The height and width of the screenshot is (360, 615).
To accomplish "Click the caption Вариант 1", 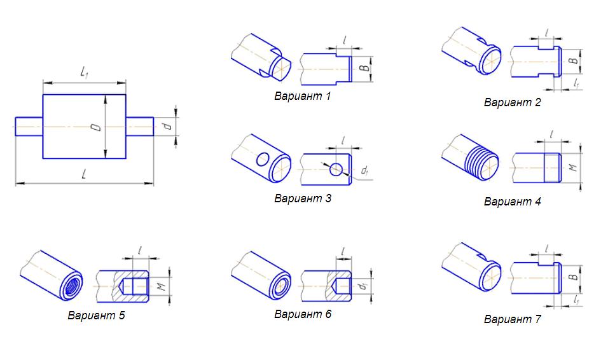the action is [x=302, y=96].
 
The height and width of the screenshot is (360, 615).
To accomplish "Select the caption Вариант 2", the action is [x=512, y=102].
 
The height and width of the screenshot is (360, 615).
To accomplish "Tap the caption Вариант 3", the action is [x=303, y=198].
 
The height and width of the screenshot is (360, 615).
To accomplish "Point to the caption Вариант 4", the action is [x=512, y=202].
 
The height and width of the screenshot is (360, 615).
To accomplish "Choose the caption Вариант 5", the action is [x=96, y=315].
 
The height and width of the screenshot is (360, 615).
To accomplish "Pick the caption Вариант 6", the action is [x=303, y=314].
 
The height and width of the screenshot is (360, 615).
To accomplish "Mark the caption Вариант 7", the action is [x=512, y=319].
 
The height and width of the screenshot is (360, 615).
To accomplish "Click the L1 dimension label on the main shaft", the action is [x=84, y=73].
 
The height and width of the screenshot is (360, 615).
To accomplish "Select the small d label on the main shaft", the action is [x=168, y=127].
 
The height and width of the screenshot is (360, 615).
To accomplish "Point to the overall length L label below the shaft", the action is [x=84, y=174].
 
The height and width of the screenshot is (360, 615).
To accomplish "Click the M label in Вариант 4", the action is [x=573, y=167].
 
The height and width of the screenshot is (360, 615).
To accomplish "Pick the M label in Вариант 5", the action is [x=162, y=287].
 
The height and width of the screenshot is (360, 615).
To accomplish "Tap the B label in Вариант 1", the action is [x=364, y=67].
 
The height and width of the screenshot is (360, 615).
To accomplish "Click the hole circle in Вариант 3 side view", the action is [x=336, y=169].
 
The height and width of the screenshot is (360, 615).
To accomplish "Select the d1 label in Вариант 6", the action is [x=364, y=286].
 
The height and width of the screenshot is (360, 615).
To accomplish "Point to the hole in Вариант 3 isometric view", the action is [x=263, y=160].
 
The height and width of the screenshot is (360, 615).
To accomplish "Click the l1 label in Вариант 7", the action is [x=576, y=300].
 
